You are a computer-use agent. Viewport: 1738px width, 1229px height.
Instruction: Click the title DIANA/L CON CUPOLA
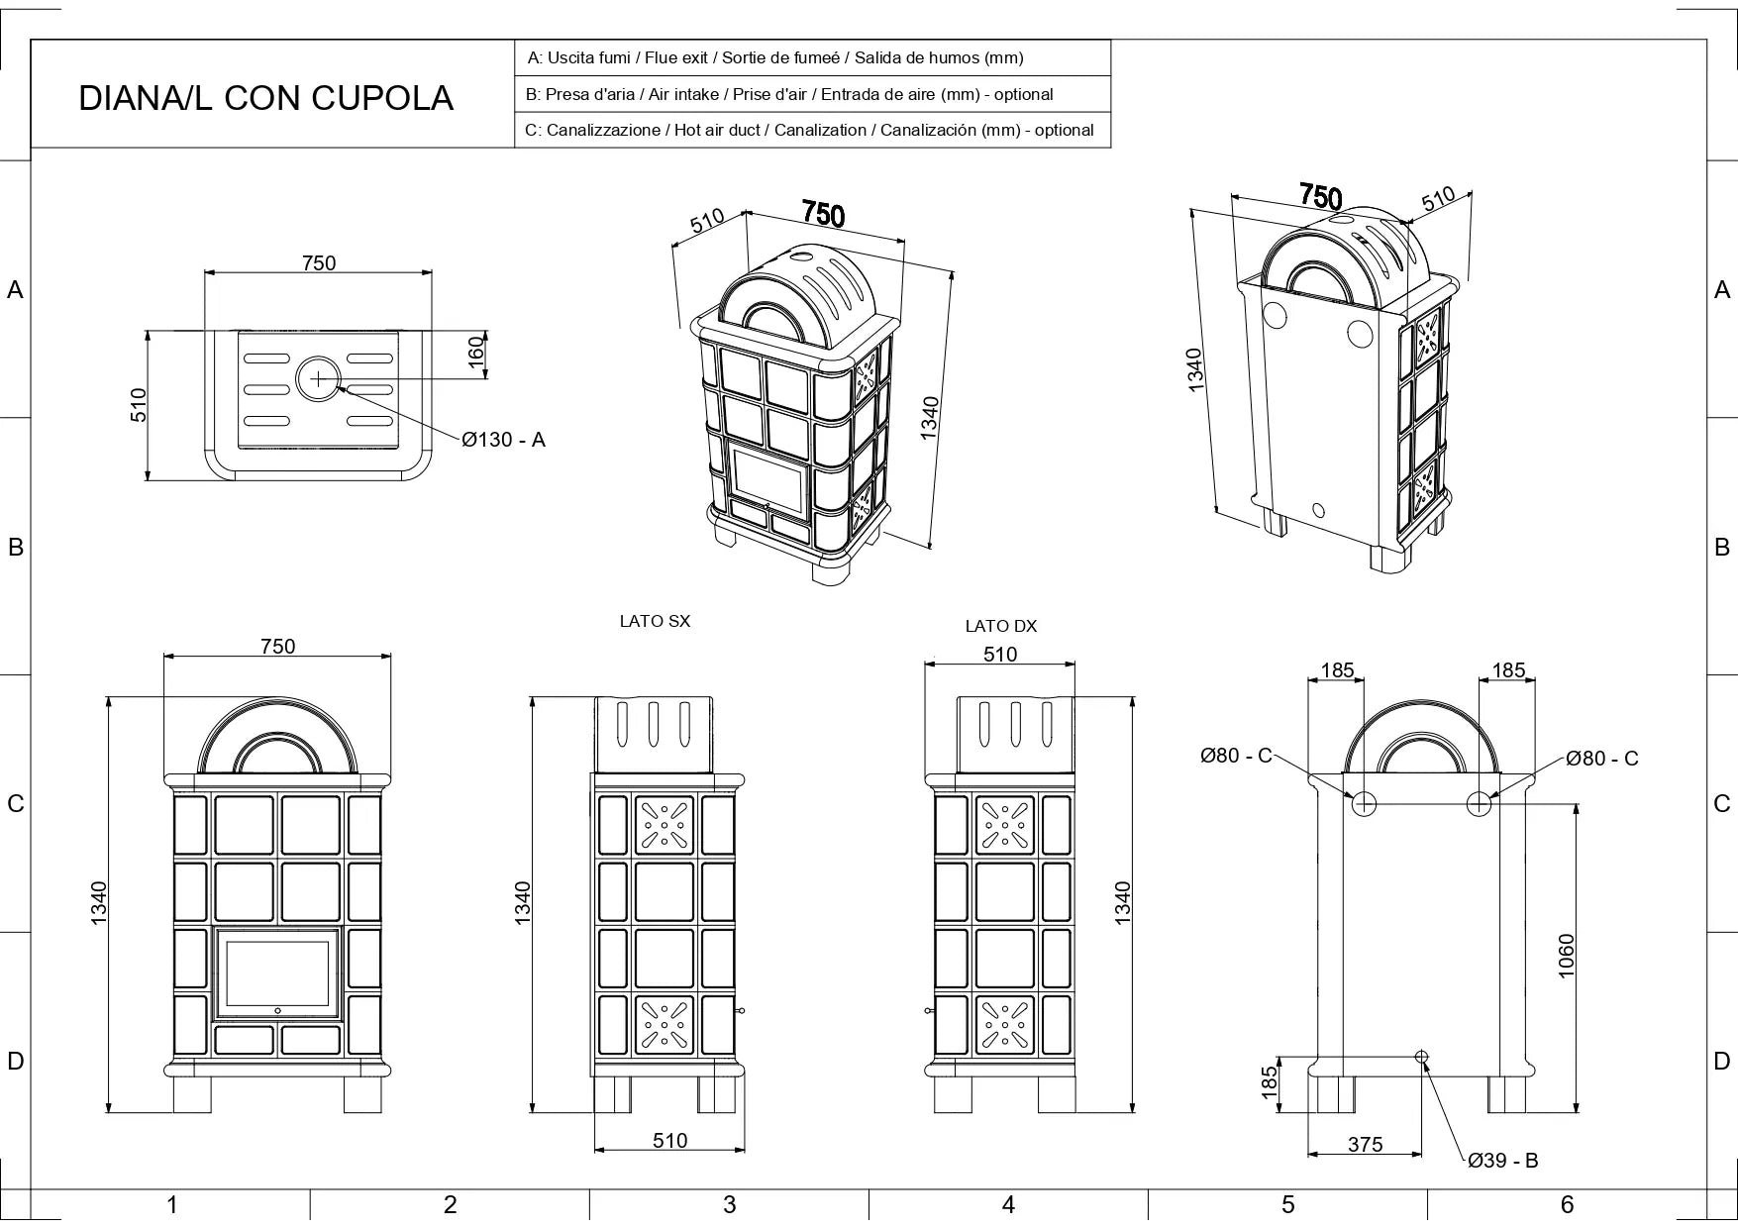pyautogui.click(x=265, y=98)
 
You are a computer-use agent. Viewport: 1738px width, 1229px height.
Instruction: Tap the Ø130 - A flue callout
pyautogui.click(x=503, y=440)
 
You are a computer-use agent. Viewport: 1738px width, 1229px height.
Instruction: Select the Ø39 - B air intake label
pyautogui.click(x=1502, y=1161)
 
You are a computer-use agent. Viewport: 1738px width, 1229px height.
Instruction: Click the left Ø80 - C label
pyautogui.click(x=1235, y=756)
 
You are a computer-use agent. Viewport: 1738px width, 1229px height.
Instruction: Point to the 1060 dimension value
pyautogui.click(x=1566, y=956)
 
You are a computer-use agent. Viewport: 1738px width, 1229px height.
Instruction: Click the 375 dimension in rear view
pyautogui.click(x=1365, y=1144)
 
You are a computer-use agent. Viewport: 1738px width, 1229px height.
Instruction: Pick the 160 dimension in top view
pyautogui.click(x=476, y=353)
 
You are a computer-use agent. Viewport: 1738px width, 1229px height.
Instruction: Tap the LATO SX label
pyautogui.click(x=655, y=621)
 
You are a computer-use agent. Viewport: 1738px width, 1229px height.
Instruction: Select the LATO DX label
pyautogui.click(x=1000, y=626)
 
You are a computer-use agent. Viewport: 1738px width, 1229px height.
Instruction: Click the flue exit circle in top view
pyautogui.click(x=318, y=378)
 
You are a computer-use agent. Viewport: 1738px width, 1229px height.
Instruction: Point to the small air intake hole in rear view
pyautogui.click(x=1422, y=1057)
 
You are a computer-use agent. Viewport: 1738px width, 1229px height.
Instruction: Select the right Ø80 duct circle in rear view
pyautogui.click(x=1479, y=803)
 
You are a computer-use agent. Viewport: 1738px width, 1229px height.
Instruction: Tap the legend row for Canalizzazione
pyautogui.click(x=809, y=130)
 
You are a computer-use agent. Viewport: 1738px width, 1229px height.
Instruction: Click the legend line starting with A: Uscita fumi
pyautogui.click(x=775, y=57)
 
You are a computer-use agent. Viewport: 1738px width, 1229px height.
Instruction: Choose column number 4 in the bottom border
pyautogui.click(x=1008, y=1204)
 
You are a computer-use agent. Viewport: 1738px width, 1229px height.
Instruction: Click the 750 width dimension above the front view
pyautogui.click(x=277, y=646)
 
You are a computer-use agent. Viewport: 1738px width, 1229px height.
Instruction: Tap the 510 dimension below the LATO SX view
pyautogui.click(x=669, y=1140)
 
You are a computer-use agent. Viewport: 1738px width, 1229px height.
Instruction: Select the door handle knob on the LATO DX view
pyautogui.click(x=928, y=1011)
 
